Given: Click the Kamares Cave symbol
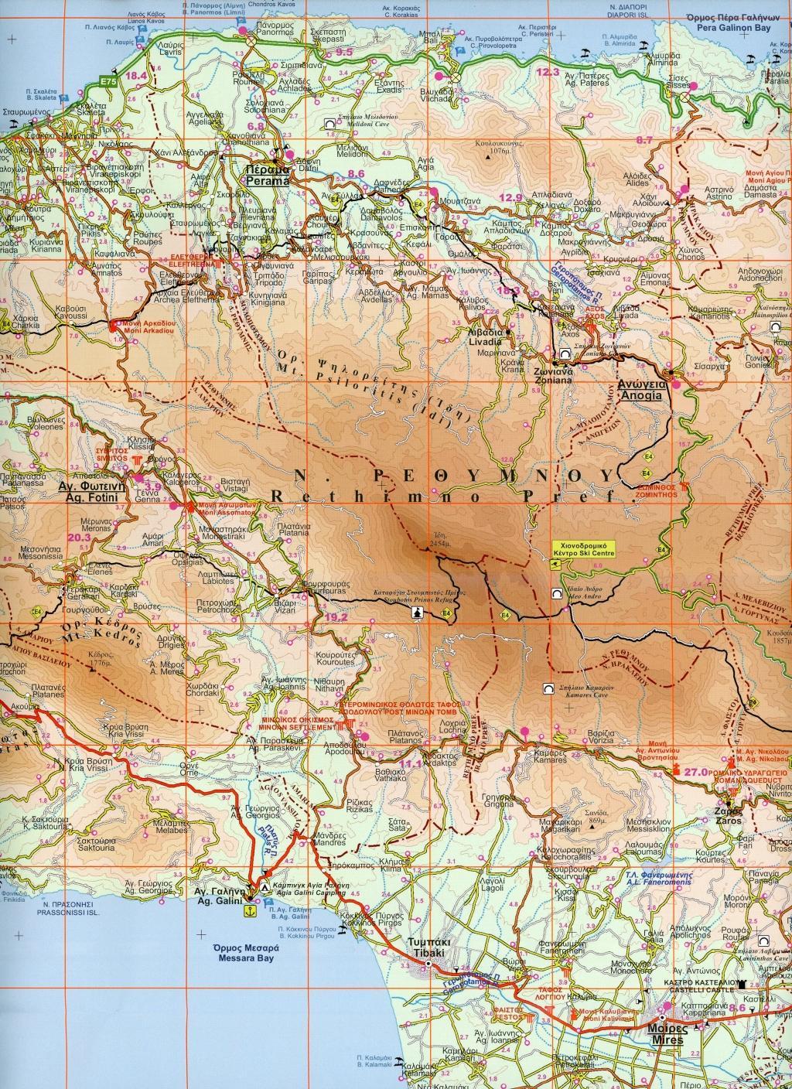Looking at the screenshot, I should pyautogui.click(x=548, y=688).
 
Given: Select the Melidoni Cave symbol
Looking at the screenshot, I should pyautogui.click(x=330, y=122).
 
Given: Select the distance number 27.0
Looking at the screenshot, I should pyautogui.click(x=697, y=771).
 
